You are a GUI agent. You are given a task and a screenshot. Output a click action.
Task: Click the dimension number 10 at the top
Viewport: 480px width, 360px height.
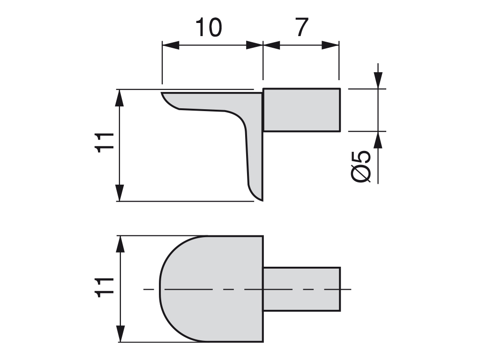click(209, 27)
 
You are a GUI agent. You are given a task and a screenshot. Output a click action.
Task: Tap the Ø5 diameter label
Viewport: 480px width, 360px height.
click(360, 166)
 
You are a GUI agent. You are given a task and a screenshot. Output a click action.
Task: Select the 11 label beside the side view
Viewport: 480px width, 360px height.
click(105, 142)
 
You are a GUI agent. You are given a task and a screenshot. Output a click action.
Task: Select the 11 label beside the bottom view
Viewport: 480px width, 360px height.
click(105, 287)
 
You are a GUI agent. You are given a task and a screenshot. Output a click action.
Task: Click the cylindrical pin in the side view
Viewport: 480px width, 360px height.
click(302, 110)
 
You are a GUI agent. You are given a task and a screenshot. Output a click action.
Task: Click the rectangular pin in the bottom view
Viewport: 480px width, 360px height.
click(302, 289)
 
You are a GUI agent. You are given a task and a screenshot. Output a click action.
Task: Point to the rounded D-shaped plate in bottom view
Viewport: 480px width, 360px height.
click(211, 289)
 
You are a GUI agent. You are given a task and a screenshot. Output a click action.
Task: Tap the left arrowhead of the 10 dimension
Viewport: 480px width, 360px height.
click(171, 45)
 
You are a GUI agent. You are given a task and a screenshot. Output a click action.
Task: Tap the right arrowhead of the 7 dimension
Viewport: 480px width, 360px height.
click(330, 45)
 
